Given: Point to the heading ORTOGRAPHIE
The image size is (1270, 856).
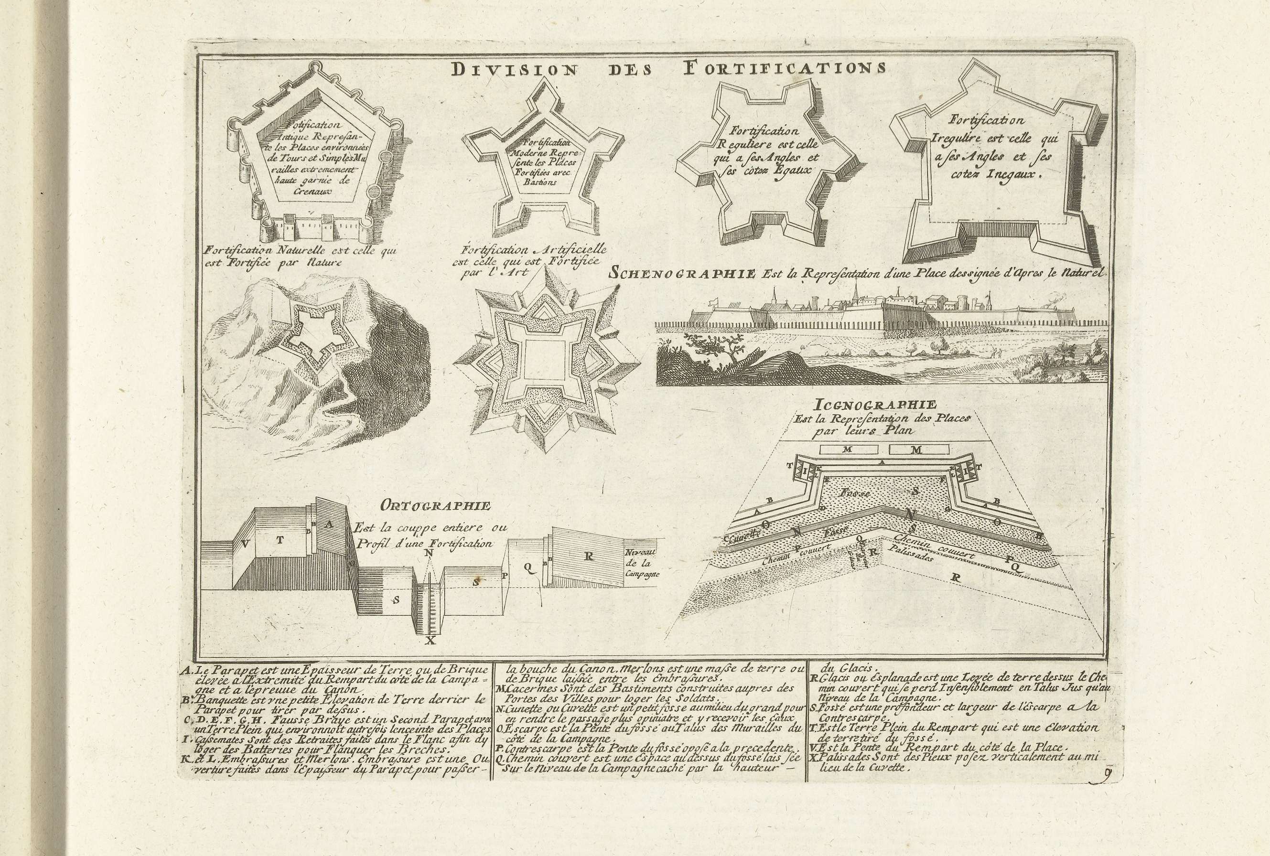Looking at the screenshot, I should (x=436, y=506).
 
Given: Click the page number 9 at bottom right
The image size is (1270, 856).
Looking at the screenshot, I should (x=1106, y=774).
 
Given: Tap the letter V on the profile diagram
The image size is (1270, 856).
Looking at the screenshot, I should (x=246, y=543).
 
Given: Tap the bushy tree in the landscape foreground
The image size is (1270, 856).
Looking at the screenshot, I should (x=723, y=348).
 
